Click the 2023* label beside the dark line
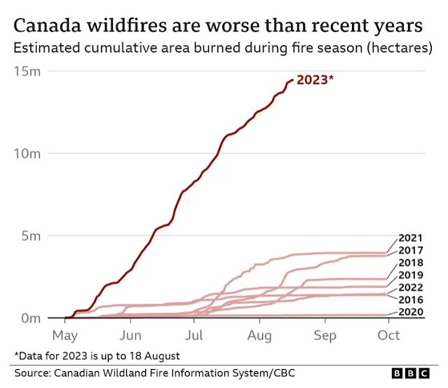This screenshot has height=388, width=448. point(315,80)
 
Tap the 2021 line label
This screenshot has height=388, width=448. point(410,238)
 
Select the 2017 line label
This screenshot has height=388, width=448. point(410,250)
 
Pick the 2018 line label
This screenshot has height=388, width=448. point(410,263)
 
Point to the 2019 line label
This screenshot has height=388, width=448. point(410,275)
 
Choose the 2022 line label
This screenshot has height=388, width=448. point(410,287)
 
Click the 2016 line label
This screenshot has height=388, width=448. point(410,299)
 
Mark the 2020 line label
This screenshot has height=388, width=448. point(410,312)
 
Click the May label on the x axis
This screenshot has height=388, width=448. point(65,334)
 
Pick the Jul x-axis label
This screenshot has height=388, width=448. point(194,334)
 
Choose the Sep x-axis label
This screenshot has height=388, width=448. point(325,334)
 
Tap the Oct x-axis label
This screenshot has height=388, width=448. point(388,334)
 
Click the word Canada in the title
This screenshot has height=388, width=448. point(50,27)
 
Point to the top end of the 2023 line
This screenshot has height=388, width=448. point(292,81)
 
